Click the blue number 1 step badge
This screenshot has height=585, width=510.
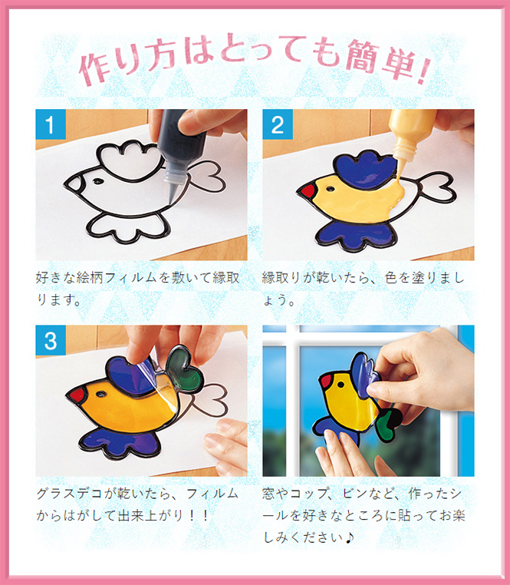(x=51, y=124)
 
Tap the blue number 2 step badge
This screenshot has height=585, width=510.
(x=278, y=124)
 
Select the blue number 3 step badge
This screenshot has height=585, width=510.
(x=51, y=340)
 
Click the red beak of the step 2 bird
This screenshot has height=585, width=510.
(x=308, y=191)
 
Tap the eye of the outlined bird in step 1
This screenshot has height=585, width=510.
(x=98, y=182)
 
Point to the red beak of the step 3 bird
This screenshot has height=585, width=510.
(x=77, y=395)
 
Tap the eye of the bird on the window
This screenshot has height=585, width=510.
(x=341, y=385)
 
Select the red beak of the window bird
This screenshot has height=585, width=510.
(x=326, y=381)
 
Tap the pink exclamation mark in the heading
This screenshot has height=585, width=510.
(x=425, y=71)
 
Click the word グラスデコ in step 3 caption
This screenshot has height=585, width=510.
(x=69, y=494)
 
